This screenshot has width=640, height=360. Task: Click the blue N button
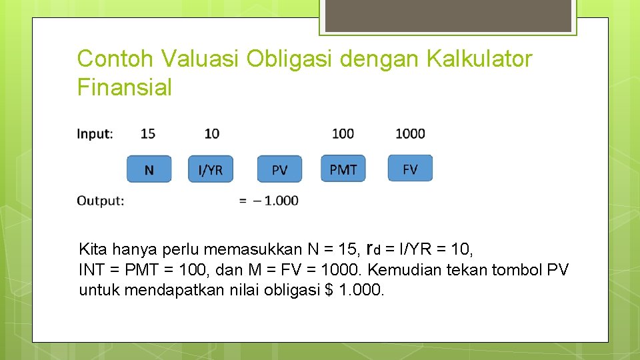149,169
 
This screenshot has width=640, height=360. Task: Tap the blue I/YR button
211,169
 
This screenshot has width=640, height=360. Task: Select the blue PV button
279,169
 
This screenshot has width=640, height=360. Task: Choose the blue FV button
410,169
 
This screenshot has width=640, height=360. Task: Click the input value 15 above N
148,133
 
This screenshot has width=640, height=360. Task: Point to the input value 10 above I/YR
211,133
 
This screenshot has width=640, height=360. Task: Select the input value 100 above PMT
343,133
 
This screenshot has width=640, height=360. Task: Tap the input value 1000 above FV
410,133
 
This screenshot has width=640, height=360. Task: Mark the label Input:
95,133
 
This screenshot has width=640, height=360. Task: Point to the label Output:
100,200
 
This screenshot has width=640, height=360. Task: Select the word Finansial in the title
125,87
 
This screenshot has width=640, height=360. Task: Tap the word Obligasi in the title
290,59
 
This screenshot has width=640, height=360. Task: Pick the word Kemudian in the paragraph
401,270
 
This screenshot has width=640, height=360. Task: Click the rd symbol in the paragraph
373,250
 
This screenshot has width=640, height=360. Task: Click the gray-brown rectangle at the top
448,15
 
